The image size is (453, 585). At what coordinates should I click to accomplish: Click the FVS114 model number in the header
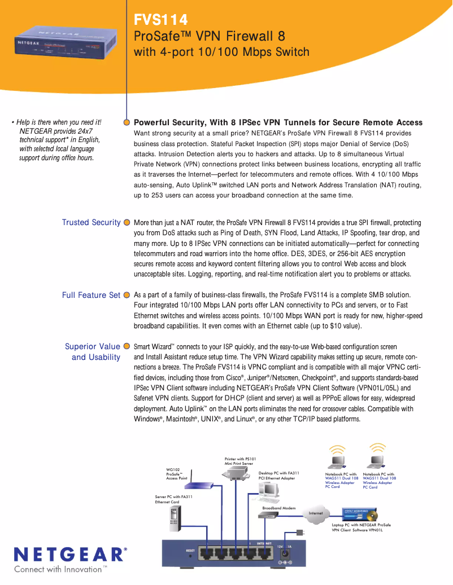tap(160, 20)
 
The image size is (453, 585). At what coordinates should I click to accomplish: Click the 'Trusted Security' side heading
tap(91, 222)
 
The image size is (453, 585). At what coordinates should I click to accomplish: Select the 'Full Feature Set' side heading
tap(91, 295)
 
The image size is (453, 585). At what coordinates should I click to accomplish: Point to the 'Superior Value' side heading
tap(93, 346)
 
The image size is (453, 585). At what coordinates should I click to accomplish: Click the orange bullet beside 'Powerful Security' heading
tap(127, 122)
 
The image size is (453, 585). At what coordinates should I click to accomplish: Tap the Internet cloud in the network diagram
tap(316, 513)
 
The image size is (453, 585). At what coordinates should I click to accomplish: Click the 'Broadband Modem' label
tap(278, 508)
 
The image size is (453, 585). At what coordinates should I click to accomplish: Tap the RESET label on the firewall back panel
tap(190, 549)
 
